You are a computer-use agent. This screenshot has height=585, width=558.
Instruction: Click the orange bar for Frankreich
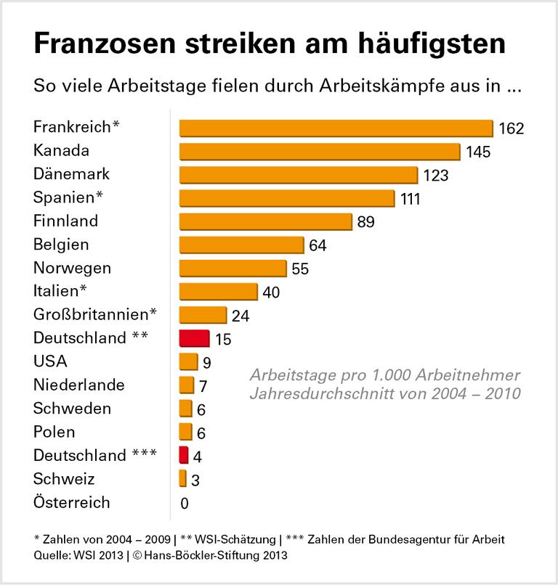click(x=336, y=128)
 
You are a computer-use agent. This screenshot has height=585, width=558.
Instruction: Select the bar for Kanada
click(x=320, y=151)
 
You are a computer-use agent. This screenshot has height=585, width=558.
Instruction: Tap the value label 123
click(x=437, y=176)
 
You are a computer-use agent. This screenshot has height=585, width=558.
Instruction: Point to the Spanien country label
click(x=68, y=197)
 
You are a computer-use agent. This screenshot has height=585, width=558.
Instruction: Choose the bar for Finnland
click(x=265, y=221)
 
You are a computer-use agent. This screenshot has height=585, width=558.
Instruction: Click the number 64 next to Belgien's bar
click(x=318, y=245)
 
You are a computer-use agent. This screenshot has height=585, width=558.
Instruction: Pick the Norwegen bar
click(x=232, y=269)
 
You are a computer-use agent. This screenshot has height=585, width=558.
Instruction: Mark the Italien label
click(x=60, y=291)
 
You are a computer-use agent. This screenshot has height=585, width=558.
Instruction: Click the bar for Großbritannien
click(x=203, y=315)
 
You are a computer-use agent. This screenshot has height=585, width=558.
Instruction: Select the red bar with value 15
click(x=194, y=338)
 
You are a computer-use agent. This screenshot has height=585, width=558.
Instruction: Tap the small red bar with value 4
click(x=183, y=455)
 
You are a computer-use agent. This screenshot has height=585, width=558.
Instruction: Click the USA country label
click(x=50, y=361)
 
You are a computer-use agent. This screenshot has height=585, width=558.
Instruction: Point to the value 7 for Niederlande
click(x=203, y=386)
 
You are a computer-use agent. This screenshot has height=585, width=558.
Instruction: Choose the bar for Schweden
click(x=185, y=409)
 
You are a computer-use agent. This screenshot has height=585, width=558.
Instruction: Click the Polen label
click(x=54, y=432)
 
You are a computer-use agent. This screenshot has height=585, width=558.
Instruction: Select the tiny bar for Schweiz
click(x=182, y=479)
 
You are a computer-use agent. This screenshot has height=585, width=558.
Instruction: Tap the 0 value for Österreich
click(x=185, y=503)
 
